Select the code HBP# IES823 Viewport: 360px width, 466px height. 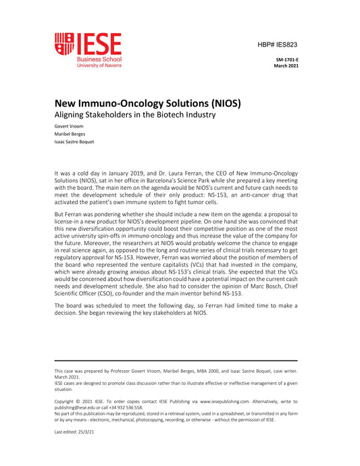277,44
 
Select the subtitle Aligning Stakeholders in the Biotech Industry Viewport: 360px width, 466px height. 134,115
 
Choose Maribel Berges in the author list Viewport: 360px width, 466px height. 70,134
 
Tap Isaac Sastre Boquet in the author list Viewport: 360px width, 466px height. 74,142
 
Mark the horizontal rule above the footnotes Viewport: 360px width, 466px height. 176,360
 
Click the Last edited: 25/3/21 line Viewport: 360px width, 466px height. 74,433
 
